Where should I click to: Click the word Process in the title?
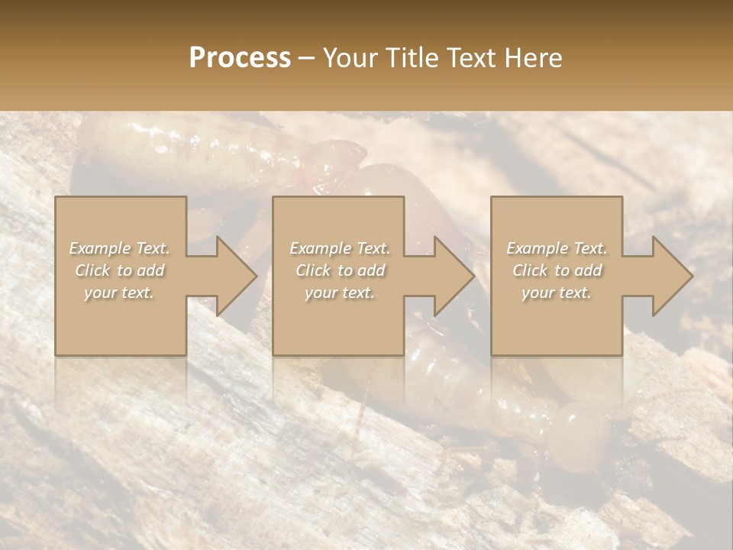[240, 57]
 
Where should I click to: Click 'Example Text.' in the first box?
[120, 248]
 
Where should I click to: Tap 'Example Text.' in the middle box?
[339, 248]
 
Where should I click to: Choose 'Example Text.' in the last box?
[557, 248]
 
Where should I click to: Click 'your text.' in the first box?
[120, 293]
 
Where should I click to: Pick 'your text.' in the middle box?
[339, 293]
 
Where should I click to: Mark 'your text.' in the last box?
[557, 293]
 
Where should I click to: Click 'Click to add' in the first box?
[120, 270]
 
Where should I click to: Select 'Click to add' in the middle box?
[339, 270]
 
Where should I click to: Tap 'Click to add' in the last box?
[557, 270]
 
